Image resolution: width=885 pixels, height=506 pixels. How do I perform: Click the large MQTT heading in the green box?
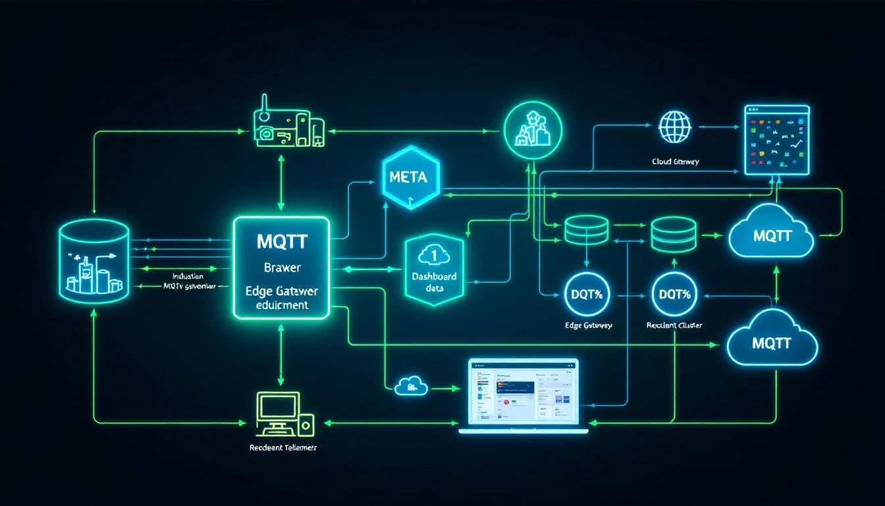282,241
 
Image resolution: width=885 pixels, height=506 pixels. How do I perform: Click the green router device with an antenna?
289,126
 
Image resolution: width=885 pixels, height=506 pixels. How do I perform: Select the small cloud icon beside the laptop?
411,386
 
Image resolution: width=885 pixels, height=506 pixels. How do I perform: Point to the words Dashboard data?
433,283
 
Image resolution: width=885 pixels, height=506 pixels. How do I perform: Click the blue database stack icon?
673,235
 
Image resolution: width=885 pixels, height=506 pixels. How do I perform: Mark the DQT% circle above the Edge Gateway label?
588,295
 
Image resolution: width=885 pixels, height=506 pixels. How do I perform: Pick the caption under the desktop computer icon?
282,447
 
